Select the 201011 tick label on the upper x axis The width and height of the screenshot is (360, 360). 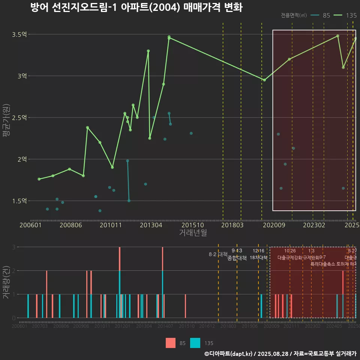click(x=112, y=225)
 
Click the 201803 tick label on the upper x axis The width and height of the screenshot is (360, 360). click(x=232, y=225)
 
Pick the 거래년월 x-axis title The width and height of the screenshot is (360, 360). click(x=193, y=233)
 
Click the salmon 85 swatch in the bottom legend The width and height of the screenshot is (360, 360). click(x=171, y=343)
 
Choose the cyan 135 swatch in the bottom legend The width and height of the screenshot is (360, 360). click(x=195, y=343)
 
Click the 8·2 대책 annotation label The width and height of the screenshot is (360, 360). click(x=218, y=254)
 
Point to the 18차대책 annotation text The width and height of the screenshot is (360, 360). click(x=258, y=258)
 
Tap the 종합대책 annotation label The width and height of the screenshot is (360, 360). click(x=237, y=258)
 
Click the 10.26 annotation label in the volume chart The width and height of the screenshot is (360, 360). click(x=290, y=251)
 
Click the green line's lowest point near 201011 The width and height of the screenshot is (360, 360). click(x=112, y=167)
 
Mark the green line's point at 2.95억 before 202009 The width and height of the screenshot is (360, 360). click(x=264, y=80)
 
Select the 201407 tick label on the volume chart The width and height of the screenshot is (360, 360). click(x=165, y=326)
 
